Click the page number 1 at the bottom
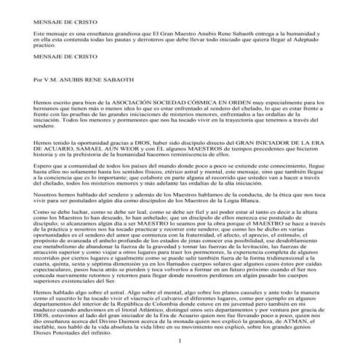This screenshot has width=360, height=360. (x=179, y=341)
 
